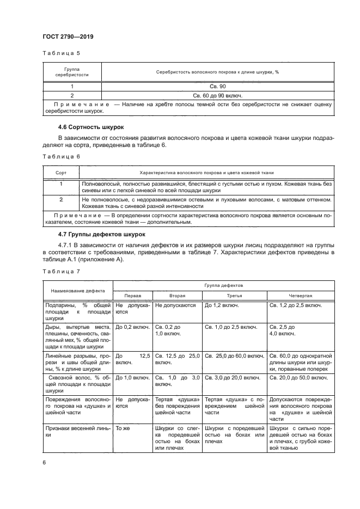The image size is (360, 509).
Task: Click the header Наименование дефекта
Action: pos(77,290)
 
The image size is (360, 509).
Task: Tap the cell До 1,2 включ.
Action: pos(223,305)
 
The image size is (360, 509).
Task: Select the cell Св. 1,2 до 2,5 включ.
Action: pos(297,305)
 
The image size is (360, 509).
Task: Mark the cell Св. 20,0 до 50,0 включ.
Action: pos(298,377)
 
